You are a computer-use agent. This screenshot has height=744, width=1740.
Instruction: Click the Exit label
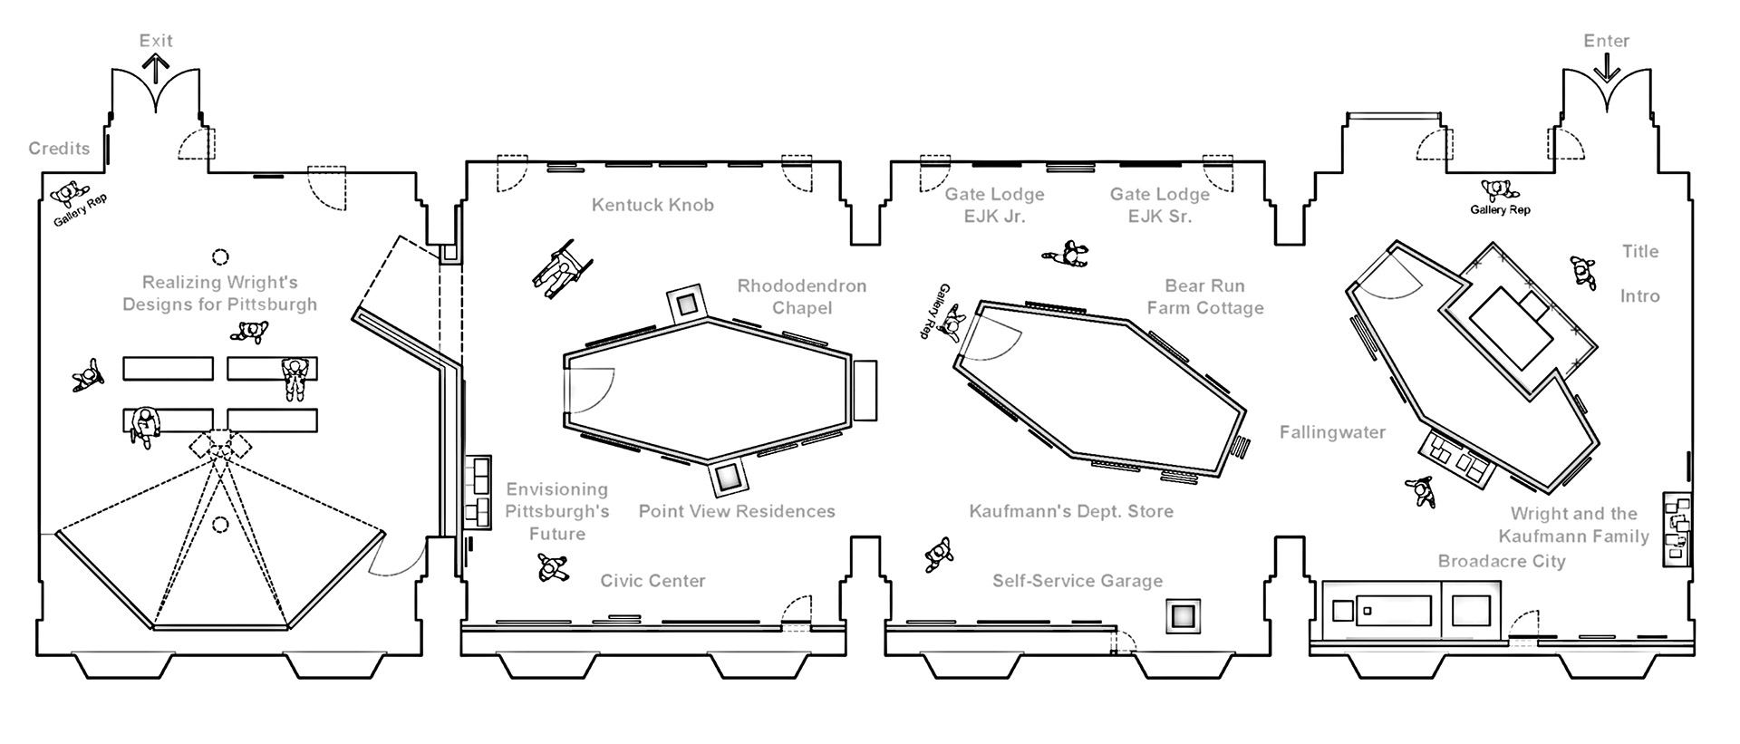tap(156, 41)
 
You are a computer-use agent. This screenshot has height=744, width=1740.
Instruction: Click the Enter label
tap(1606, 41)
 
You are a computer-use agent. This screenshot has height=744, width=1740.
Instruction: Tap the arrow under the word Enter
tap(1607, 69)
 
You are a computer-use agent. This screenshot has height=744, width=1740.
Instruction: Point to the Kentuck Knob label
tap(652, 205)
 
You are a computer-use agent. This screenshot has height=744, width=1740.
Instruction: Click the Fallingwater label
tap(1332, 432)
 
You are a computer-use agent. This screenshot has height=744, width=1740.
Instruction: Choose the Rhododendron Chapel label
tap(801, 296)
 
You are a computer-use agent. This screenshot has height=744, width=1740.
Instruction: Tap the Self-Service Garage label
tap(1077, 581)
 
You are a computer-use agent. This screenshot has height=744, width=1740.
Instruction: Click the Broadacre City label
tap(1502, 561)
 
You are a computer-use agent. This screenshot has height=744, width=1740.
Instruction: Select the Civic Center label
tap(652, 581)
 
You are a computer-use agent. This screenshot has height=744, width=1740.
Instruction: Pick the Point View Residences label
tap(737, 511)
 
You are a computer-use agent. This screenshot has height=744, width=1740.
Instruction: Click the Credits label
tap(59, 149)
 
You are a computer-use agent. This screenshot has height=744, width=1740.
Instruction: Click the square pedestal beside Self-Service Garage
tap(1183, 616)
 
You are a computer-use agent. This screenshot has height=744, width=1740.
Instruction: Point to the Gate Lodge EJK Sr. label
tap(1159, 206)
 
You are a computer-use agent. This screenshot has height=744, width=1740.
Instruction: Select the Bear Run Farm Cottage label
tap(1204, 296)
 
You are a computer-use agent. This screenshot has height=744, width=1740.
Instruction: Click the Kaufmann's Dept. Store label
tap(1071, 511)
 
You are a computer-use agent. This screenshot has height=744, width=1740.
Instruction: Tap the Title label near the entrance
tap(1640, 251)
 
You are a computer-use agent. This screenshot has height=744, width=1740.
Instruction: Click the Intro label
tap(1640, 296)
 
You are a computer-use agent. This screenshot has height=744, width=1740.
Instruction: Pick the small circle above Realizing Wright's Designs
tap(220, 257)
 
